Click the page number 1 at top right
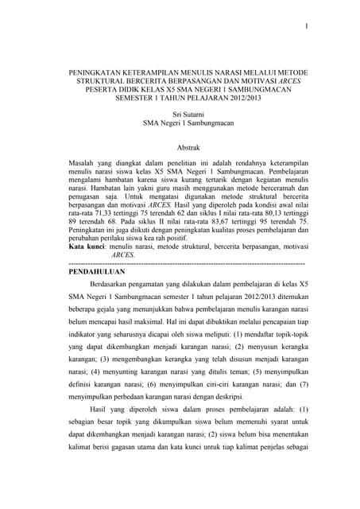304,26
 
